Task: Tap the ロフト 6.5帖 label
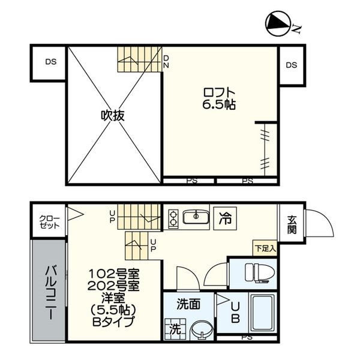(219, 99)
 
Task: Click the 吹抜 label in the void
(113, 115)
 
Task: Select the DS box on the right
(292, 65)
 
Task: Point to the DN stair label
(166, 62)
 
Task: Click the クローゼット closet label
(49, 222)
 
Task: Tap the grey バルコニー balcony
(49, 291)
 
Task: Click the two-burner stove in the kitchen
(173, 218)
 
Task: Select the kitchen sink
(196, 217)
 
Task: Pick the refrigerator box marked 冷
(225, 218)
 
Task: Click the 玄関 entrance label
(292, 225)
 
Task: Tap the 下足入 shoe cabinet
(265, 248)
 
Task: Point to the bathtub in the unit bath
(263, 313)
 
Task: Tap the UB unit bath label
(236, 313)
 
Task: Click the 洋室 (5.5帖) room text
(113, 304)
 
